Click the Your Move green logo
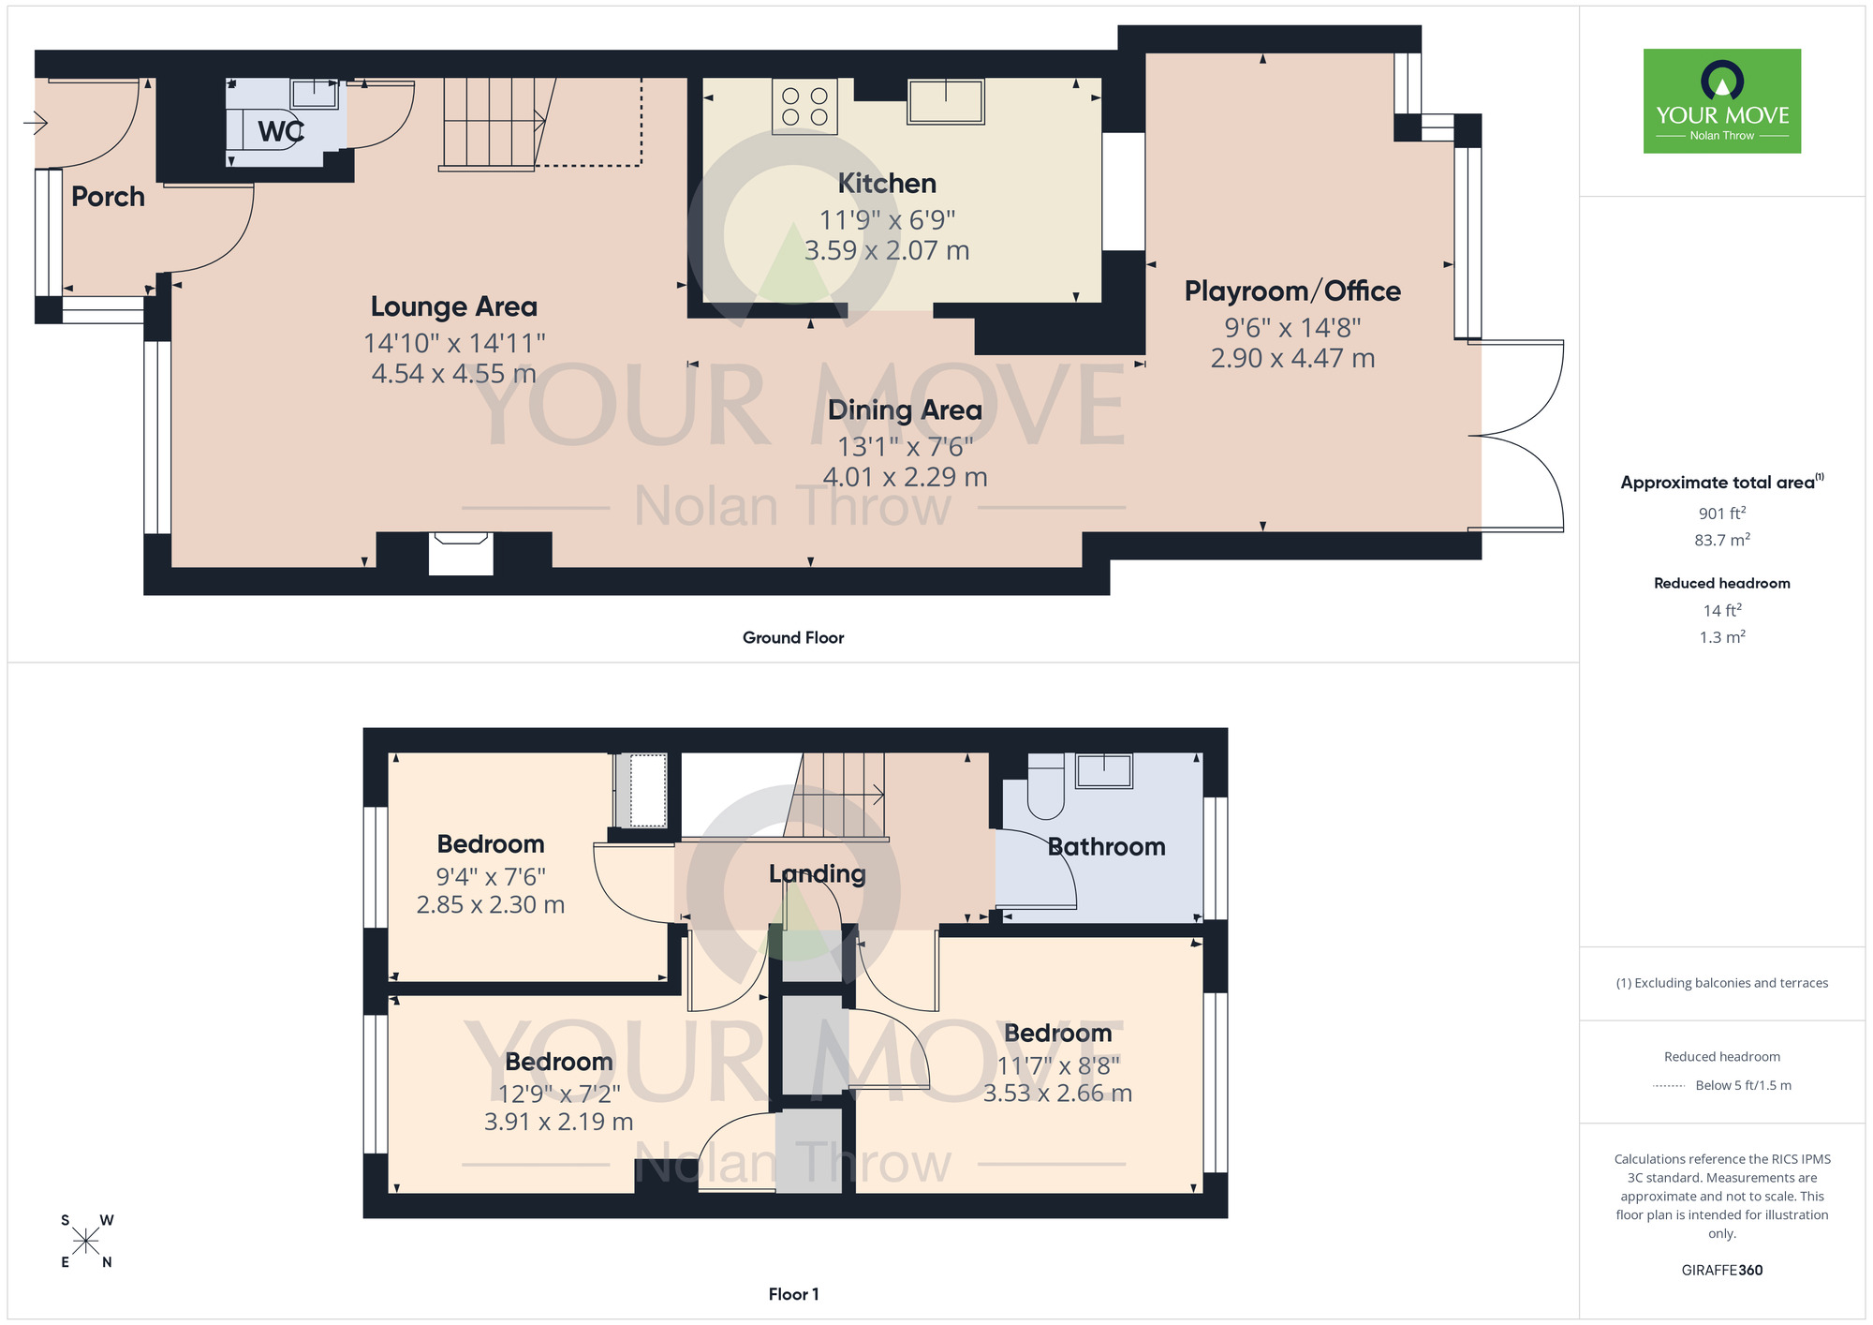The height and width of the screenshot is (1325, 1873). click(1721, 101)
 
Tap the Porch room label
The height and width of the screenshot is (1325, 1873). click(108, 197)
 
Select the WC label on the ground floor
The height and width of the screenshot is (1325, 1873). click(280, 131)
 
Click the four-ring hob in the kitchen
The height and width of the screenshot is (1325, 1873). click(804, 107)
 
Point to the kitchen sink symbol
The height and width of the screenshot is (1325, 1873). click(945, 100)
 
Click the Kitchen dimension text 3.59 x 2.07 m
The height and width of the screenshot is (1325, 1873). click(886, 250)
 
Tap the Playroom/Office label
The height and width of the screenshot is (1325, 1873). click(1291, 291)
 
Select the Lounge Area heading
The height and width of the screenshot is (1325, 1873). click(453, 306)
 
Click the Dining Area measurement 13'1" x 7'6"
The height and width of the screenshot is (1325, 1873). click(905, 446)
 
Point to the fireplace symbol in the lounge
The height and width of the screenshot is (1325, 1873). click(461, 553)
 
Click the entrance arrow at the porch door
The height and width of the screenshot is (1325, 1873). click(37, 122)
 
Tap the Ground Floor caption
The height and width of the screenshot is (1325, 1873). click(792, 637)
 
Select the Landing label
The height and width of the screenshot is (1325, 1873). click(817, 873)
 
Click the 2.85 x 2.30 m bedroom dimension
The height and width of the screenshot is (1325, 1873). click(490, 904)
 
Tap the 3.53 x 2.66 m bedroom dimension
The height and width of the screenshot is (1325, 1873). click(1057, 1093)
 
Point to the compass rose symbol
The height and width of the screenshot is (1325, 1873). click(85, 1242)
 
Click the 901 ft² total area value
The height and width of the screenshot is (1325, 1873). click(1721, 514)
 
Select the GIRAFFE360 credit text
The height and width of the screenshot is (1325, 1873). click(1721, 1270)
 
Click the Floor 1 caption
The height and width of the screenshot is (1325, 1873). click(793, 1294)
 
